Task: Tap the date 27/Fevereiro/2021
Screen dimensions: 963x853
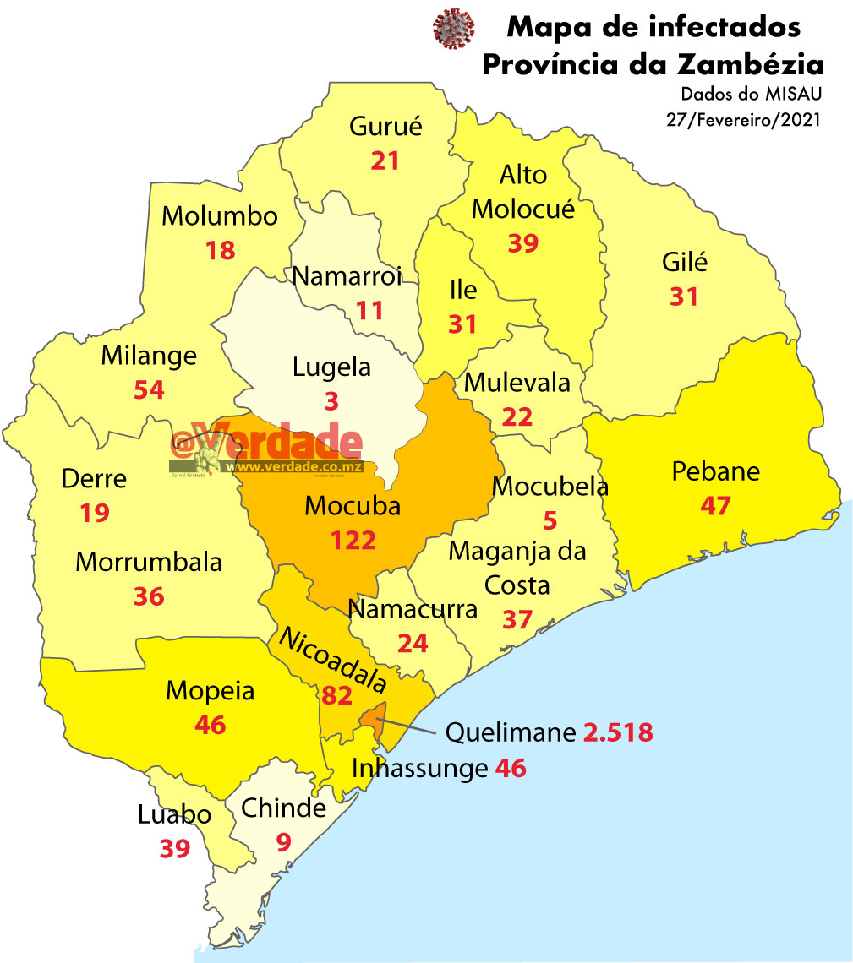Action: pos(744,120)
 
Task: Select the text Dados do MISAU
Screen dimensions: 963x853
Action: pos(751,94)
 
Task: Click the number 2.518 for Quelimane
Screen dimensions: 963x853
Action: pos(618,732)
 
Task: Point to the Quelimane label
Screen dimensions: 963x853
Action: pos(511,732)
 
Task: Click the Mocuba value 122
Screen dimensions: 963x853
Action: pos(353,541)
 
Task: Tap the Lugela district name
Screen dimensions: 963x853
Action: pos(331,367)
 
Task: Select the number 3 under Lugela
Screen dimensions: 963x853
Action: pos(331,401)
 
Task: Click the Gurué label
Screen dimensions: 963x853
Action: pos(385,127)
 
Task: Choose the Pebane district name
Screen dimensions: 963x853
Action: pos(715,471)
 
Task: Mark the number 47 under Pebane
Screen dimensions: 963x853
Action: pos(715,505)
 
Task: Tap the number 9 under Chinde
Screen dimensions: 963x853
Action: pos(284,842)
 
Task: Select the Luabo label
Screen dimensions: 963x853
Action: pos(174,815)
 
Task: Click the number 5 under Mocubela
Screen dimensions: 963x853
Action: pos(550,521)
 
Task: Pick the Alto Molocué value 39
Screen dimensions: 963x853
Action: pos(523,243)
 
